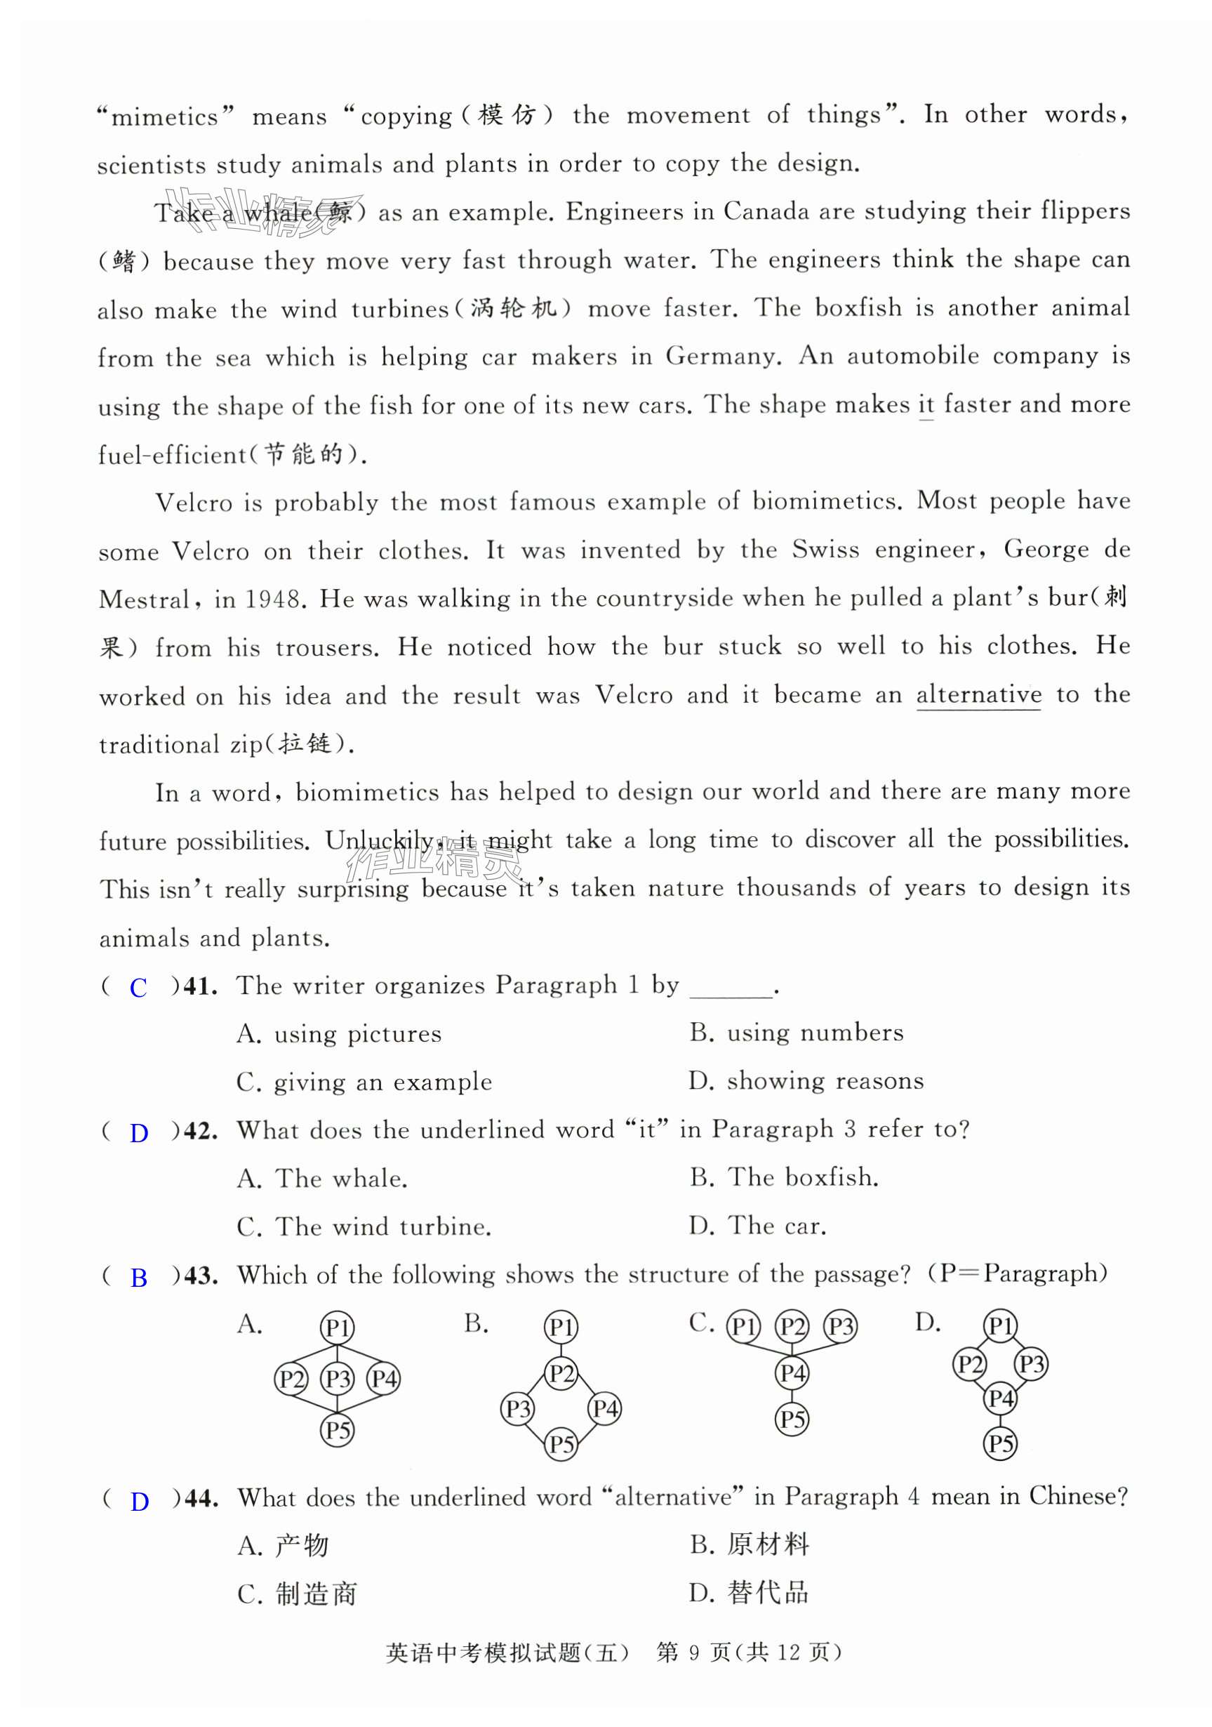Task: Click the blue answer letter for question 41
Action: pyautogui.click(x=138, y=988)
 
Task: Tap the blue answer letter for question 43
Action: pyautogui.click(x=139, y=1277)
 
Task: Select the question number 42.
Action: pyautogui.click(x=200, y=1130)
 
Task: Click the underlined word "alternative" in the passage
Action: pyautogui.click(x=978, y=694)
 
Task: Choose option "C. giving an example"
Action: pyautogui.click(x=365, y=1083)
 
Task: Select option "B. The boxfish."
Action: pyautogui.click(x=784, y=1177)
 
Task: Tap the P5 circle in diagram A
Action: pyautogui.click(x=338, y=1430)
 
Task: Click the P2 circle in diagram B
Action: pyautogui.click(x=561, y=1375)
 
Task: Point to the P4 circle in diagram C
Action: pyautogui.click(x=792, y=1373)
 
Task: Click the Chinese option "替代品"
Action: pyautogui.click(x=767, y=1592)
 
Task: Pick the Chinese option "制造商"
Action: pyautogui.click(x=316, y=1594)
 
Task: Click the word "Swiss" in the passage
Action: pyautogui.click(x=825, y=550)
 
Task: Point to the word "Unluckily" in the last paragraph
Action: pyautogui.click(x=379, y=840)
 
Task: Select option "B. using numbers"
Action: pyautogui.click(x=797, y=1033)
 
